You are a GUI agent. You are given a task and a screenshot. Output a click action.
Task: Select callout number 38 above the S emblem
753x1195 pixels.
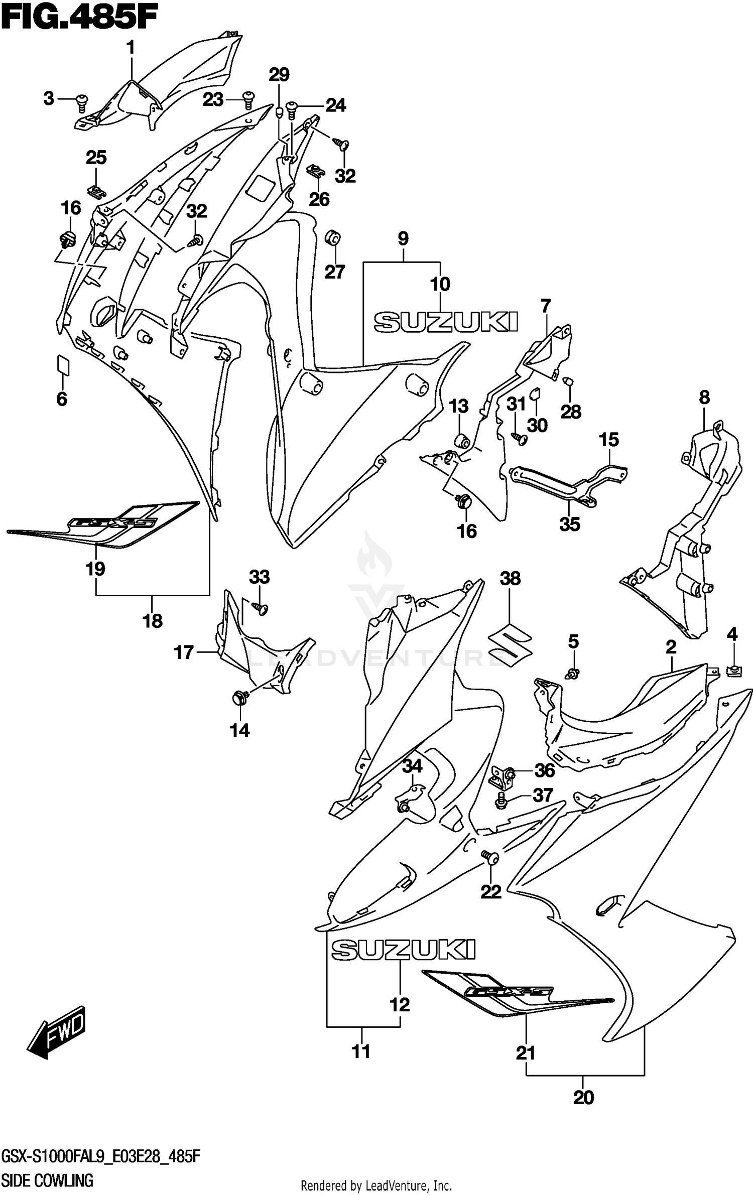(510, 578)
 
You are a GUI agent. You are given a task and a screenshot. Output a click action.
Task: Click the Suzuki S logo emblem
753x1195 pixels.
(510, 645)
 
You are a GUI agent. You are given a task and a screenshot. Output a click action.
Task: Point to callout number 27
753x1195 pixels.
(335, 272)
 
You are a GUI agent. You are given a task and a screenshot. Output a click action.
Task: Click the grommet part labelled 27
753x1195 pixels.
(333, 238)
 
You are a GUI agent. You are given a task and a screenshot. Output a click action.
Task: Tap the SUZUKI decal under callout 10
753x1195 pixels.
(446, 321)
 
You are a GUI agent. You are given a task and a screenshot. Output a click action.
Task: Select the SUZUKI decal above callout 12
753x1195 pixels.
(403, 949)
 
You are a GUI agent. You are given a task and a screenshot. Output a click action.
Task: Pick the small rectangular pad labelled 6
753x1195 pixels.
(63, 364)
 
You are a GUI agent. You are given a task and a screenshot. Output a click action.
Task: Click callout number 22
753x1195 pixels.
(491, 891)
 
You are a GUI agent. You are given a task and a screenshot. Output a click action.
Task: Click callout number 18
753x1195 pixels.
(153, 621)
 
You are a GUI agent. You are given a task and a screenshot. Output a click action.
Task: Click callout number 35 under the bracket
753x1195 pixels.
(570, 524)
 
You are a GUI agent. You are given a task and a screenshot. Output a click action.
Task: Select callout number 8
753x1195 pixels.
(704, 398)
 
